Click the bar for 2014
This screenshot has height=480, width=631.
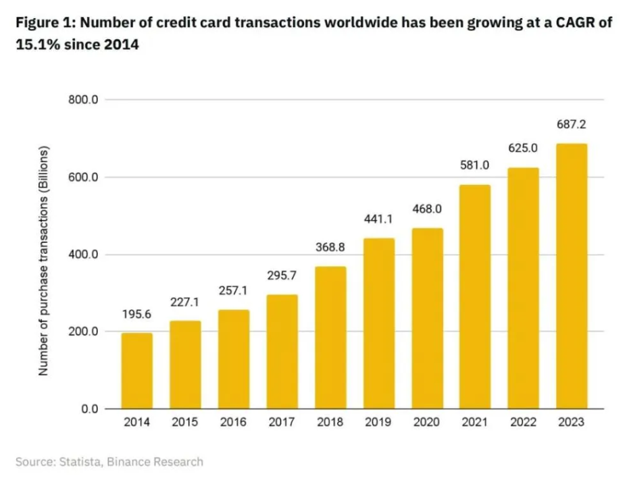[136, 371]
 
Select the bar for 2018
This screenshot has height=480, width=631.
[330, 338]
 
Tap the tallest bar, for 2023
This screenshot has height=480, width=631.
[572, 276]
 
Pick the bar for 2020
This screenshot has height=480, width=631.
[427, 319]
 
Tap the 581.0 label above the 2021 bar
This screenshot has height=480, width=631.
[476, 165]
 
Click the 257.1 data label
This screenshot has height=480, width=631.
[233, 291]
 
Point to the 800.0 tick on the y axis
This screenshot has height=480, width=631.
[84, 100]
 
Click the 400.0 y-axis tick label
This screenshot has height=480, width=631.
[84, 255]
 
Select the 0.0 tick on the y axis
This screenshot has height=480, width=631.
[89, 409]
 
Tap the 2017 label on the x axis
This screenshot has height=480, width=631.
[282, 424]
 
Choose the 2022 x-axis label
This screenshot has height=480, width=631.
[524, 424]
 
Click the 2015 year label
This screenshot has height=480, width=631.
[185, 424]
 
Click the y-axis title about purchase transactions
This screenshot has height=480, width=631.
[43, 260]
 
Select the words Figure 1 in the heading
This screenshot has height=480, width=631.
[45, 22]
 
